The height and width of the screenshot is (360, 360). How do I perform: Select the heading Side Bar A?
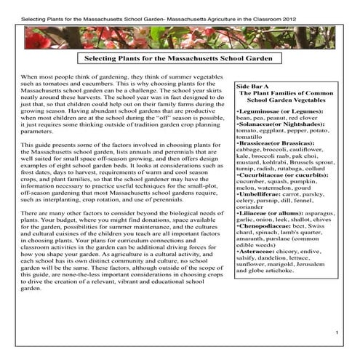(x=252, y=87)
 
